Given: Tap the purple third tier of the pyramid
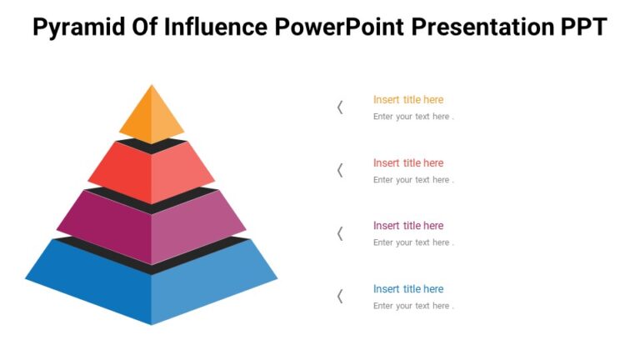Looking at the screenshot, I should point(152,221).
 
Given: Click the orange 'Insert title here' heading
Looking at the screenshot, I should point(408,100).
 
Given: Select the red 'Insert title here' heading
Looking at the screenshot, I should point(408,163).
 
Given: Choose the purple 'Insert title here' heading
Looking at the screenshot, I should point(408,226).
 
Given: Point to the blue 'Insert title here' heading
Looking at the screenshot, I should point(408,289).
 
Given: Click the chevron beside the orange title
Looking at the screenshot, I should point(340,107).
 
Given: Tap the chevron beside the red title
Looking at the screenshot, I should point(340,170).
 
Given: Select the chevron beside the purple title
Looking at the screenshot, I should point(340,233).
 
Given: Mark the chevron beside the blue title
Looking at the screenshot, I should point(340,296).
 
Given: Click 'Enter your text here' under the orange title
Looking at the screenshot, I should point(413,117).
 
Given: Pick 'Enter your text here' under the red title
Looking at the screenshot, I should point(413,180).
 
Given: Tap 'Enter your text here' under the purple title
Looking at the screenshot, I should point(413,242).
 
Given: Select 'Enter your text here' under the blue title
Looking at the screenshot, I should point(413,306).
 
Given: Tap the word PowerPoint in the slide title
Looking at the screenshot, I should point(339,27).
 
